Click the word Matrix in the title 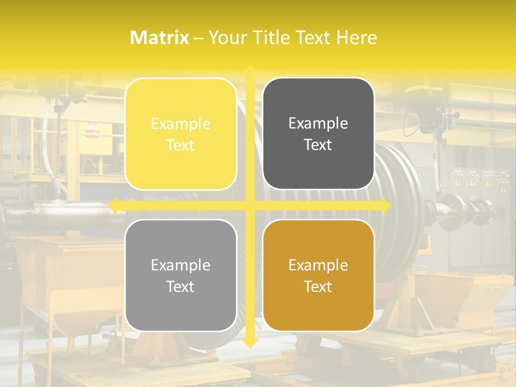pos(160,38)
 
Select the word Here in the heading pos(356,38)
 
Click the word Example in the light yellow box pos(181,124)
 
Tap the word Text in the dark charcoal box pos(318,145)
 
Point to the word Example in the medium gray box pos(181,265)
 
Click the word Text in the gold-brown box pos(318,286)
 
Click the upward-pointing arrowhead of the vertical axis pos(249,69)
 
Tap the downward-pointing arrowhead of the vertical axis pos(249,342)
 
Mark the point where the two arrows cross pos(249,205)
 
